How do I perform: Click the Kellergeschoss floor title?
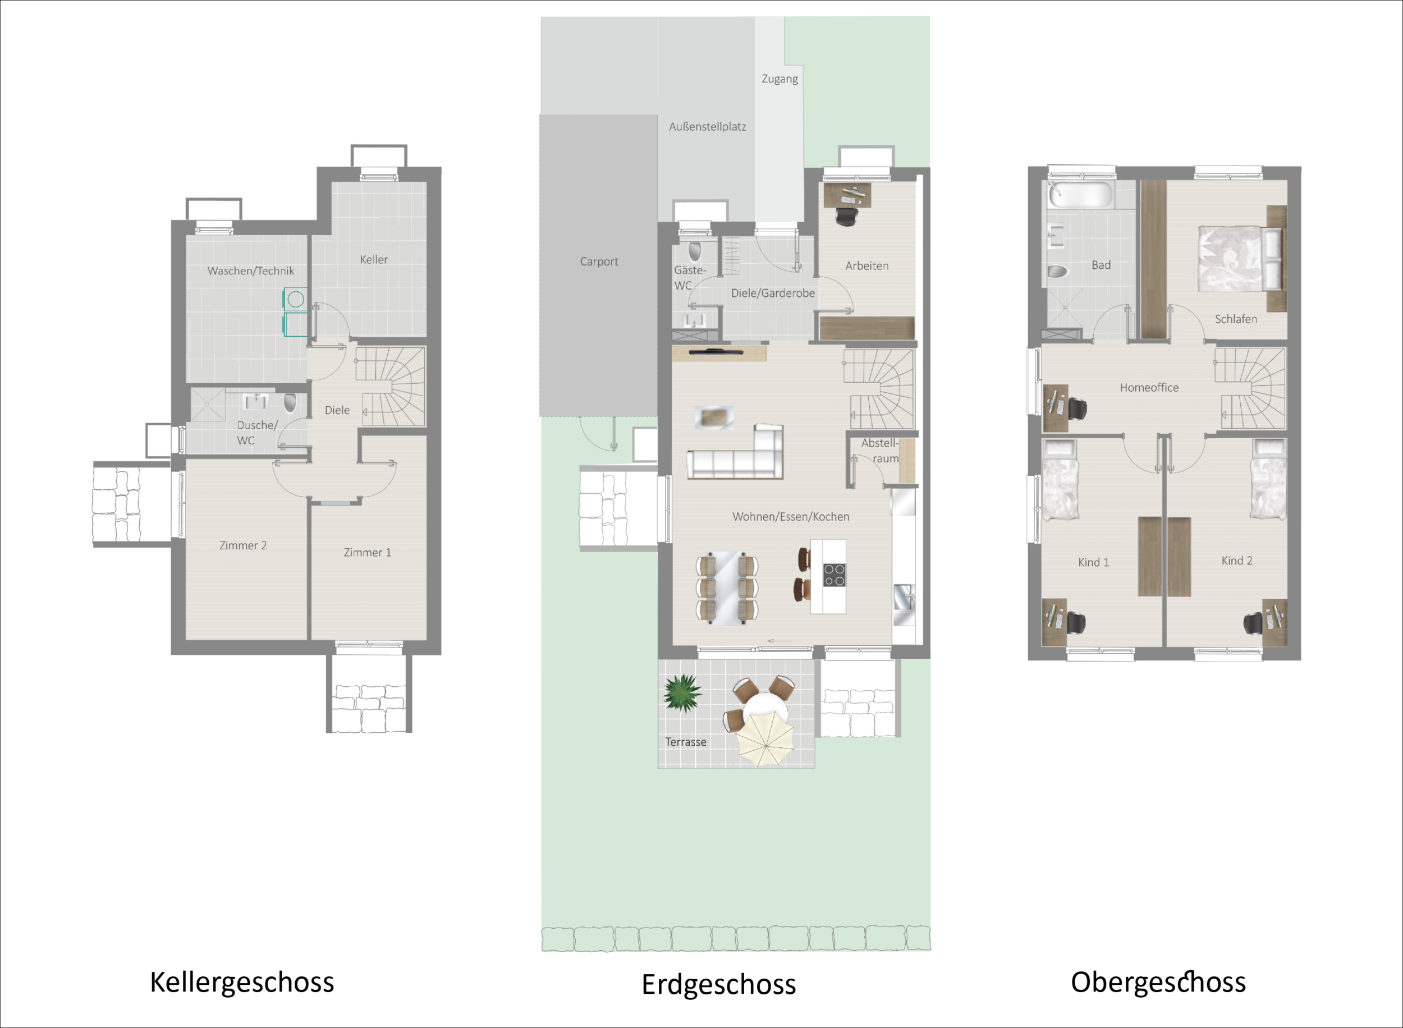click(242, 983)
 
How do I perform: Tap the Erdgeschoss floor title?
click(718, 985)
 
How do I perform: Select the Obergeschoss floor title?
click(1158, 983)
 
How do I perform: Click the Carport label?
click(599, 261)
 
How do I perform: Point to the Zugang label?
click(780, 79)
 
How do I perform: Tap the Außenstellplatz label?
click(708, 126)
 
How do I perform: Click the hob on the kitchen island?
click(835, 575)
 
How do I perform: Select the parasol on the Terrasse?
click(766, 739)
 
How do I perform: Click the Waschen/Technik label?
click(251, 270)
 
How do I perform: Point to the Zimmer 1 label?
click(367, 552)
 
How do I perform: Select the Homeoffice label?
click(1149, 388)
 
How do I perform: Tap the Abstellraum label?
click(880, 451)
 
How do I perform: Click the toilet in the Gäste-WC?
click(695, 251)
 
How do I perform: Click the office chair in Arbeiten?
click(846, 216)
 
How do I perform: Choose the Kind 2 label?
click(1237, 561)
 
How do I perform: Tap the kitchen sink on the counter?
click(904, 598)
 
